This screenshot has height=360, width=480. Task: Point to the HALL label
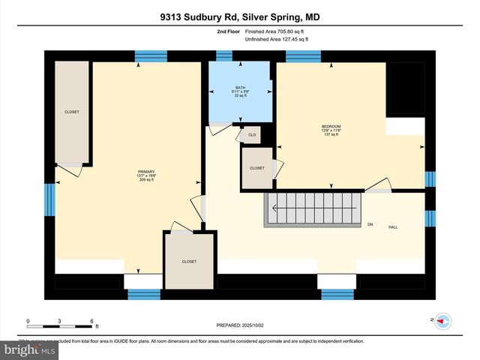[x=392, y=226]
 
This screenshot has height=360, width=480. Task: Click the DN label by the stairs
[x=370, y=223]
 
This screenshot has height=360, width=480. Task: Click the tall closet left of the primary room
[x=72, y=112]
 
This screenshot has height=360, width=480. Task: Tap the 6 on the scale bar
[x=91, y=322]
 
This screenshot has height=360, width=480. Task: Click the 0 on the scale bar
[x=28, y=322]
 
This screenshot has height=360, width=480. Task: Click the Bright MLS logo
[x=30, y=349]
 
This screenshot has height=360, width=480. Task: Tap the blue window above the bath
[x=224, y=55]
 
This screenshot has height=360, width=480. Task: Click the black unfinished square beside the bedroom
[x=405, y=88]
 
